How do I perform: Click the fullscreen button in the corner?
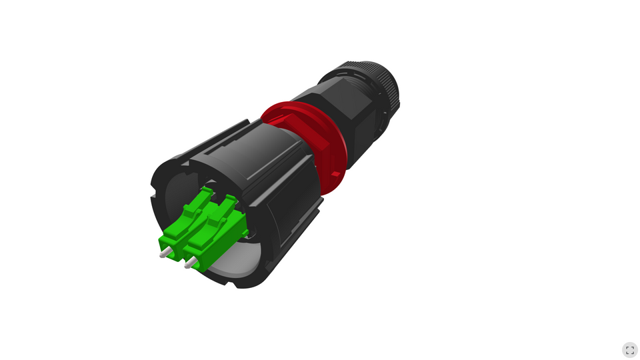pyautogui.click(x=629, y=350)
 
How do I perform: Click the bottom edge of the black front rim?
pyautogui.click(x=240, y=283)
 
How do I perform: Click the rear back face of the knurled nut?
pyautogui.click(x=393, y=100)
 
